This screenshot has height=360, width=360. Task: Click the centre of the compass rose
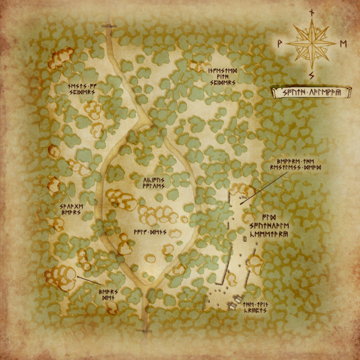pyautogui.click(x=311, y=43)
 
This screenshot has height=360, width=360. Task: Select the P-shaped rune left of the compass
pyautogui.click(x=279, y=43)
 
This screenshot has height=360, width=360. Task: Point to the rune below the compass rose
pyautogui.click(x=311, y=76)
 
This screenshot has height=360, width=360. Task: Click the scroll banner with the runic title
pyautogui.click(x=311, y=93)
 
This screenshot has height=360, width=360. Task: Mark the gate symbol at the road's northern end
pyautogui.click(x=109, y=25)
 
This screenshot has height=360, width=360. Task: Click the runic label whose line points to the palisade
pyautogui.click(x=298, y=165)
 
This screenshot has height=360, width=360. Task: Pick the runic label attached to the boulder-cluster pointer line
pyautogui.click(x=109, y=294)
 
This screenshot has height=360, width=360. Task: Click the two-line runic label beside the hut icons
pyautogui.click(x=256, y=308)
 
